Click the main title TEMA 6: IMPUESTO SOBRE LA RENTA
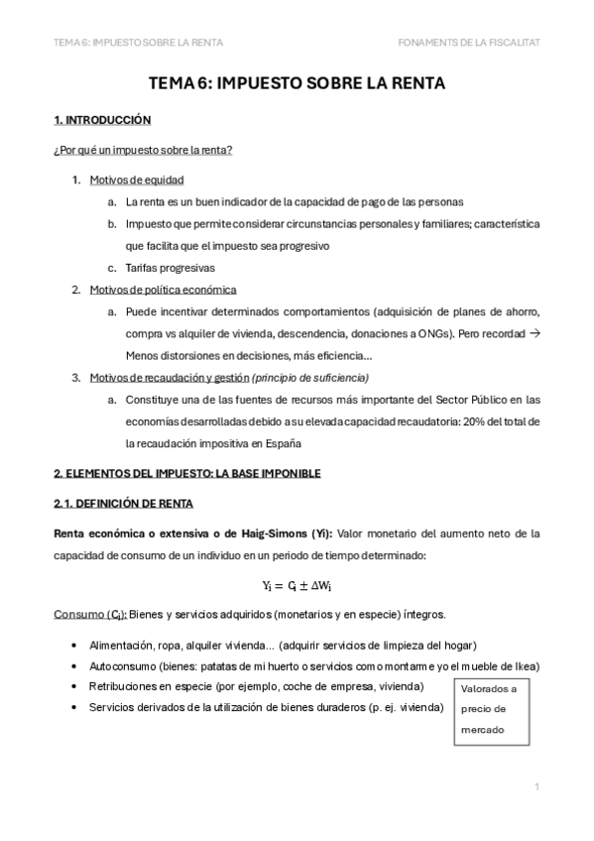pos(297,84)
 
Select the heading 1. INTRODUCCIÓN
pos(102,121)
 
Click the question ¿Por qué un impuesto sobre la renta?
pos(144,151)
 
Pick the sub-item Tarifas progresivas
pos(170,268)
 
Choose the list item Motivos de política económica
pos(163,290)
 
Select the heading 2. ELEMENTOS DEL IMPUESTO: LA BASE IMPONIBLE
pos(187,474)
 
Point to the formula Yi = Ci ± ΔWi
pos(297,586)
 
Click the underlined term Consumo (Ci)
pos(81,615)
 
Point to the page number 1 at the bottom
pos(536,786)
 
